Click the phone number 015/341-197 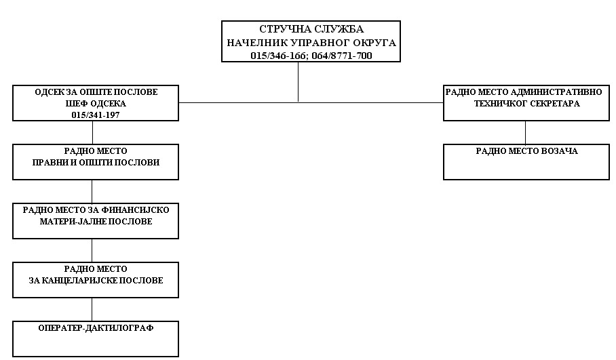point(96,115)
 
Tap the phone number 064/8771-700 point(342,56)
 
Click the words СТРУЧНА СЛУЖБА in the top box point(311,29)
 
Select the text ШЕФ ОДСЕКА point(96,104)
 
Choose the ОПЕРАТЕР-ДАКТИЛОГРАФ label point(96,328)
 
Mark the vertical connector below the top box point(299,82)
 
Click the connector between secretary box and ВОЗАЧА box point(525,132)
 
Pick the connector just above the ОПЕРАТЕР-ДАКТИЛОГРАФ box point(92,309)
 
